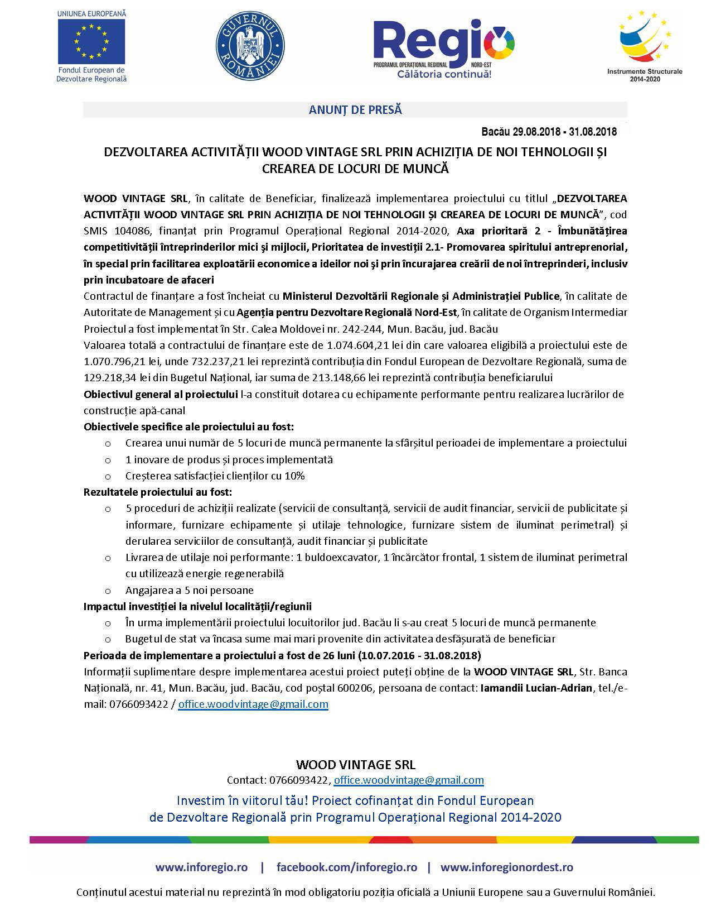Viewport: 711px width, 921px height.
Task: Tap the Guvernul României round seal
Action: (250, 43)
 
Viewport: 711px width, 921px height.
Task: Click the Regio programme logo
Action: (444, 48)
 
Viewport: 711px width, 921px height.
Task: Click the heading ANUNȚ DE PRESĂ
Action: (355, 110)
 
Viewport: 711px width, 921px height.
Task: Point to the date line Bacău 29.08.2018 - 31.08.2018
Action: (549, 132)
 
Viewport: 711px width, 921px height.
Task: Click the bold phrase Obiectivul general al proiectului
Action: (161, 395)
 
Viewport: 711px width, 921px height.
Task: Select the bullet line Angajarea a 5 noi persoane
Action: (190, 590)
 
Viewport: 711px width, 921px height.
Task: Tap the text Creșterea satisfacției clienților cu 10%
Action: (215, 476)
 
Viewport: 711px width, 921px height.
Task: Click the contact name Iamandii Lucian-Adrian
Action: (536, 688)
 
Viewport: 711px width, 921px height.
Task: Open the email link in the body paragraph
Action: (253, 704)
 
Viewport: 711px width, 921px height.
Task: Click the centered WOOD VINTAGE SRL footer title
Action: (355, 765)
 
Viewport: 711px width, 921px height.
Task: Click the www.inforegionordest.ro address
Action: (506, 867)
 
